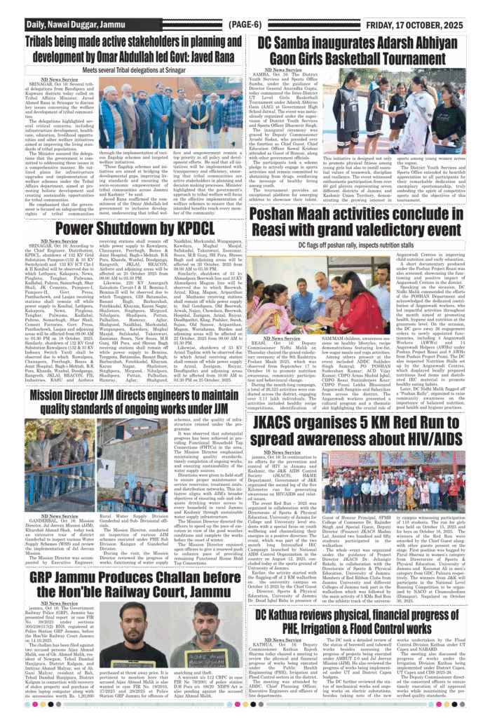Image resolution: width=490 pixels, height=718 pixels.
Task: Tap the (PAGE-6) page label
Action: click(245, 24)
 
